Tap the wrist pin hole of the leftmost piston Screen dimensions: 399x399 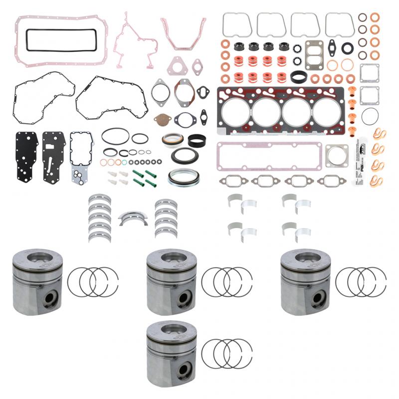click(x=48, y=299)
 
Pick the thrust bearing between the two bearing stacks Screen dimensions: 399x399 click(x=133, y=218)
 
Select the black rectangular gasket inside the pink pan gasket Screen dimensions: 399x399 click(x=61, y=40)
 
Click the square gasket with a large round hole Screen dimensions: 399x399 click(x=337, y=156)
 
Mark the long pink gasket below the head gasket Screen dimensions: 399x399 click(x=269, y=156)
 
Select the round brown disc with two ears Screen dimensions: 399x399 click(x=163, y=120)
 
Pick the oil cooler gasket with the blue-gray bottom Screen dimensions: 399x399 click(x=81, y=157)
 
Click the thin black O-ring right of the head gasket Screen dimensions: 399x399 click(x=370, y=117)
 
